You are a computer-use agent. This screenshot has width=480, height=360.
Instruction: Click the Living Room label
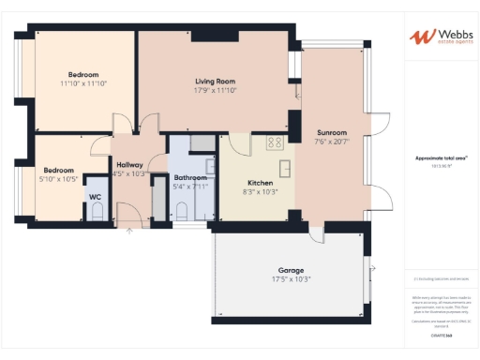pyautogui.click(x=215, y=82)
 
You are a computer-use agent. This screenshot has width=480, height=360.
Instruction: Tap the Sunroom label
pyautogui.click(x=331, y=132)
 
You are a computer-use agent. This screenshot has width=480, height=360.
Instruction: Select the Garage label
pyautogui.click(x=290, y=270)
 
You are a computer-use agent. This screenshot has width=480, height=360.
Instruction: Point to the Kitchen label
pyautogui.click(x=260, y=182)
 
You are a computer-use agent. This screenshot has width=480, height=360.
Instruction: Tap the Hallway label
pyautogui.click(x=129, y=164)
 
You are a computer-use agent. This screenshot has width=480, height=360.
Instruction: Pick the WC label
pyautogui.click(x=95, y=196)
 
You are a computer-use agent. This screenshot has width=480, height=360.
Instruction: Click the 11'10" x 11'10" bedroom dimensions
pyautogui.click(x=83, y=83)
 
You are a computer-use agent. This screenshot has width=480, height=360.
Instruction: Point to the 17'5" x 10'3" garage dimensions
pyautogui.click(x=290, y=278)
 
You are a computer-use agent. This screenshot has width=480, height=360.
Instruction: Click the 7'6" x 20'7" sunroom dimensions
pyautogui.click(x=331, y=141)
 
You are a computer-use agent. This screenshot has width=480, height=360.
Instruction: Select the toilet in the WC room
pyautogui.click(x=96, y=213)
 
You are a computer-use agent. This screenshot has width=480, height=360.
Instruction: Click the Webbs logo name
pyautogui.click(x=445, y=35)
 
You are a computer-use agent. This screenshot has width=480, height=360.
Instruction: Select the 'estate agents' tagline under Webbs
pyautogui.click(x=445, y=43)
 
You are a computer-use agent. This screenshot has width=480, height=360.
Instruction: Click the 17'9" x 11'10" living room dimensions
pyautogui.click(x=215, y=91)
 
